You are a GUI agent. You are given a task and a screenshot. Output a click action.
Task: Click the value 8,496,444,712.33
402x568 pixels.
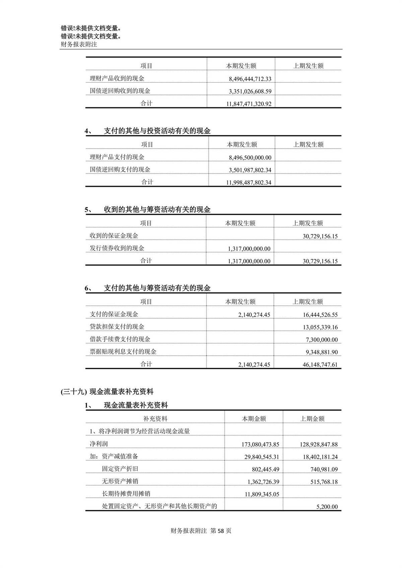point(250,79)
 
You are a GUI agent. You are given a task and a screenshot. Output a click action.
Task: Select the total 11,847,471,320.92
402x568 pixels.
point(249,104)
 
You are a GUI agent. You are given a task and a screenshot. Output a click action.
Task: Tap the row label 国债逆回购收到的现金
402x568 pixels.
point(120,91)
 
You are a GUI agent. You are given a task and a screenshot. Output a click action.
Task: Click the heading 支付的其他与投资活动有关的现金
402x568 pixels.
point(157,131)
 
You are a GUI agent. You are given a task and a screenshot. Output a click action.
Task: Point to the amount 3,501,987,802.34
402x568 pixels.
point(250,170)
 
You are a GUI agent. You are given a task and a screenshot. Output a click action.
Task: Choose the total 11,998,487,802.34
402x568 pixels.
point(249,183)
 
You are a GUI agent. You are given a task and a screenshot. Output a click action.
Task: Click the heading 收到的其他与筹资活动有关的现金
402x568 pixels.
point(157,210)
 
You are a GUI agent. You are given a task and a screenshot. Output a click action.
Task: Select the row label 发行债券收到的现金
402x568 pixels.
point(117,248)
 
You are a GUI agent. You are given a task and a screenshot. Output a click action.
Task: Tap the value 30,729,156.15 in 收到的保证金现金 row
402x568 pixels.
point(320,236)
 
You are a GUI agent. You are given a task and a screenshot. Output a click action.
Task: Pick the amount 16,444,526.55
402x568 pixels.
point(320,315)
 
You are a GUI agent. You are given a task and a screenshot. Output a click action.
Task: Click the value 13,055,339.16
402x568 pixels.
point(320,327)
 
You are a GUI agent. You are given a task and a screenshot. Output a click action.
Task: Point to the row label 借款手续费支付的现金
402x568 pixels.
point(120,339)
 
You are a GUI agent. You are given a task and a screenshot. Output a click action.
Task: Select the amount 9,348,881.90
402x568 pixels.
point(322,352)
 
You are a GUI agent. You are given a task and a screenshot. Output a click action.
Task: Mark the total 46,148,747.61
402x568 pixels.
point(320,364)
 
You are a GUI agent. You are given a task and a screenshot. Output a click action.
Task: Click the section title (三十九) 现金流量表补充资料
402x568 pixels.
point(107,392)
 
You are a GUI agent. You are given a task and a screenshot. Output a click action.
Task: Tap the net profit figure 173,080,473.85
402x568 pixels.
point(260,444)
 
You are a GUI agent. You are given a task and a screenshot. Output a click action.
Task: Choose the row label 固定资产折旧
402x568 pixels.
point(120,469)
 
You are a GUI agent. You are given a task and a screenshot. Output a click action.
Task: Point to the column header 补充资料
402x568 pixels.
point(155,419)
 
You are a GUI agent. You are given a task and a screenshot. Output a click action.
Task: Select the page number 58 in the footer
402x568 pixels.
point(220,531)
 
